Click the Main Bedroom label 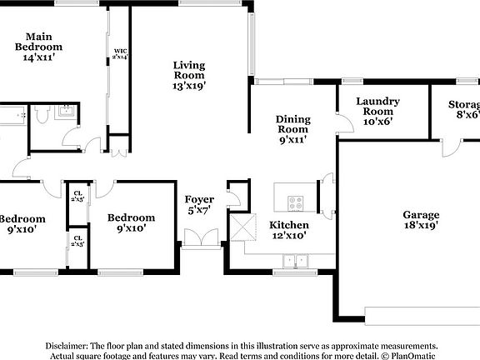[39, 42]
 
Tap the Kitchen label [288, 225]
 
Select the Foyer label [200, 200]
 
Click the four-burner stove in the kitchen [297, 202]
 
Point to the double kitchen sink [294, 261]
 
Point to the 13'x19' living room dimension [189, 85]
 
